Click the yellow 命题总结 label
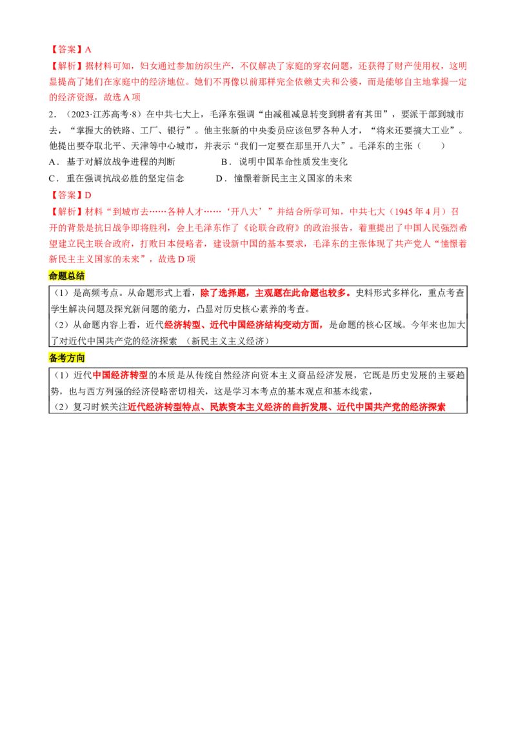[x=66, y=276]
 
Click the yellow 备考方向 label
[x=66, y=358]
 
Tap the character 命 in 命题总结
[x=54, y=276]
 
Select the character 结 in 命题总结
[x=80, y=276]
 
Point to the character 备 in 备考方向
[x=54, y=358]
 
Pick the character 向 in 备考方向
[x=80, y=358]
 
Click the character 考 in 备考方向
[x=63, y=358]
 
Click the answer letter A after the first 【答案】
[x=88, y=49]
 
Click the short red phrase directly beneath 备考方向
[x=121, y=375]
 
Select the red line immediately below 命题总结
[x=275, y=293]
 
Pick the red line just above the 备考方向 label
[x=244, y=326]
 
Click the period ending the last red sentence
[x=451, y=408]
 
